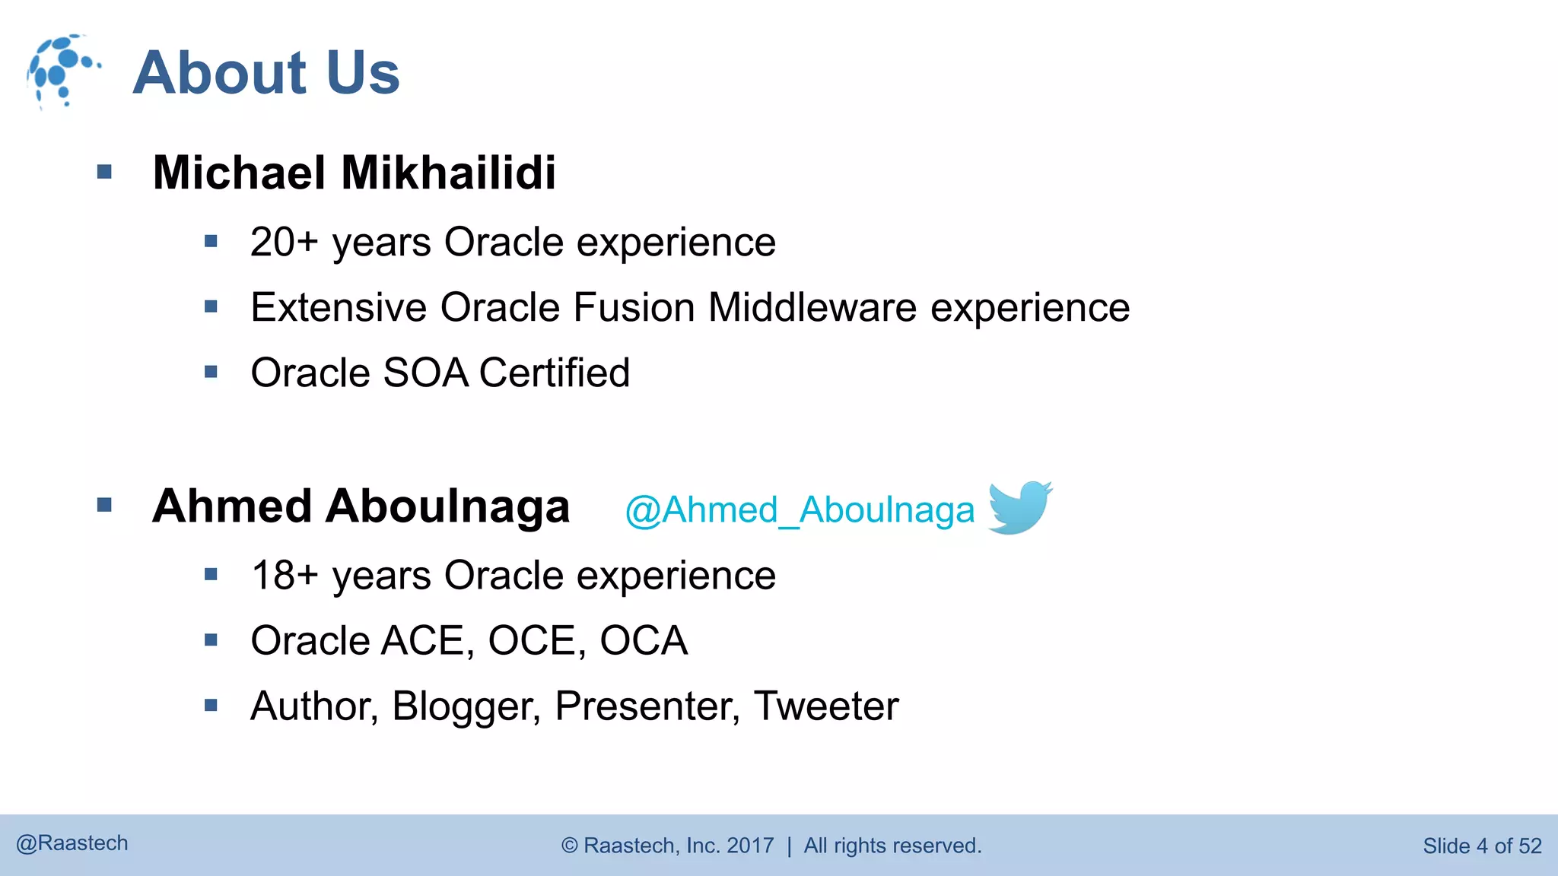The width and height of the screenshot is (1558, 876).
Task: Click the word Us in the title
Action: click(x=363, y=73)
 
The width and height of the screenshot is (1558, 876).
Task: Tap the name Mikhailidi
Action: click(x=449, y=173)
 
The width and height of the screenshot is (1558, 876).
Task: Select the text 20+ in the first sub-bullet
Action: click(x=284, y=243)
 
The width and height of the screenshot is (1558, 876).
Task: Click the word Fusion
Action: click(x=634, y=308)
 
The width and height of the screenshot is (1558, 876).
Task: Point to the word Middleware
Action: click(x=812, y=308)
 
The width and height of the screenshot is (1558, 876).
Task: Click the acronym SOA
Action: click(x=425, y=373)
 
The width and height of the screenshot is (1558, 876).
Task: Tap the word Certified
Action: click(x=555, y=373)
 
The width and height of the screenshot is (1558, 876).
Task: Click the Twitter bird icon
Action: click(x=1019, y=507)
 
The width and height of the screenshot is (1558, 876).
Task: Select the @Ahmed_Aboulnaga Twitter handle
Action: click(x=800, y=510)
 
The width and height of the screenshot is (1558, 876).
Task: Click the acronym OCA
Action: click(x=644, y=641)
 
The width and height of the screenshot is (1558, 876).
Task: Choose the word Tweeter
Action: click(x=826, y=706)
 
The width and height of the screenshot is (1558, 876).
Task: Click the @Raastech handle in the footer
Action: click(x=72, y=843)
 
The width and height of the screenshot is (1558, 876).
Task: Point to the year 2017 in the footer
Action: click(x=750, y=846)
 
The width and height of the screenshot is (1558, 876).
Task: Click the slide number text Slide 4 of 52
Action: click(x=1482, y=846)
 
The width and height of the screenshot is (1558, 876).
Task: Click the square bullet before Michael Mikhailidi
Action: click(x=105, y=173)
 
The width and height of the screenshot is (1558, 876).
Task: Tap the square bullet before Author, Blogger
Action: click(x=211, y=706)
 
